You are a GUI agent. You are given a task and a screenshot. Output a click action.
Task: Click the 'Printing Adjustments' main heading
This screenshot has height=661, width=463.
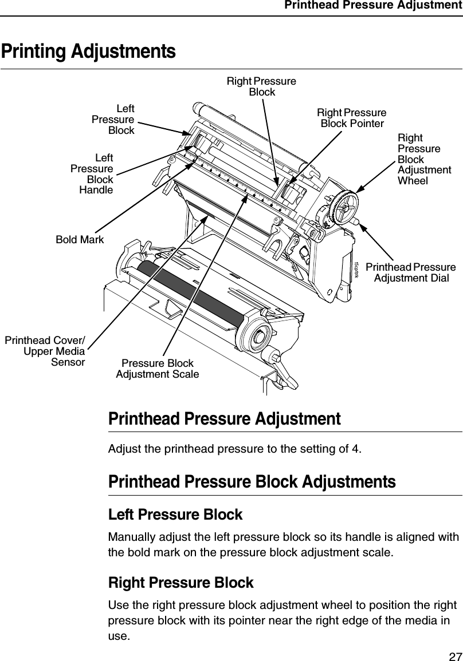tap(88, 51)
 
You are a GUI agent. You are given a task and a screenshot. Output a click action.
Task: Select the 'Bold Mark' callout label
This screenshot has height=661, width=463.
tap(80, 240)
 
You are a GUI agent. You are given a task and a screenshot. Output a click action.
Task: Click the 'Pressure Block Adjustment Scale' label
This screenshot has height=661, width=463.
tap(158, 369)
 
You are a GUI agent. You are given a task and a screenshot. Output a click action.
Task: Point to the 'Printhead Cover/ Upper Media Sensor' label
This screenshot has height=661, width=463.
tap(45, 351)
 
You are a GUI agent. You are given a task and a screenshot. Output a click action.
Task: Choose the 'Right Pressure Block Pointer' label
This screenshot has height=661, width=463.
tap(352, 117)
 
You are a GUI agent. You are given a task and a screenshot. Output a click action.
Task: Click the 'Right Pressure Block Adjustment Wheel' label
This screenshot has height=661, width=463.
tap(423, 159)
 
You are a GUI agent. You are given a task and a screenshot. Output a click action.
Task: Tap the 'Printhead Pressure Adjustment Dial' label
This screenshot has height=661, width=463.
tap(410, 273)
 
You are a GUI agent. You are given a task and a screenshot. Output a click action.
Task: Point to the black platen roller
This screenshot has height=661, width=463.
tap(189, 297)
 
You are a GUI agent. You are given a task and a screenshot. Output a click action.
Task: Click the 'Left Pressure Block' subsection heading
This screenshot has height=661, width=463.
tap(175, 514)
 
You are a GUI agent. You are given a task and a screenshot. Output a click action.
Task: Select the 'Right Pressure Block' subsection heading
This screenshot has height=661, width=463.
tap(181, 583)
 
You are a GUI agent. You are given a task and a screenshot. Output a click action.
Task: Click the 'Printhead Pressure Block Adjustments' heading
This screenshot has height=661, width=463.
tap(252, 481)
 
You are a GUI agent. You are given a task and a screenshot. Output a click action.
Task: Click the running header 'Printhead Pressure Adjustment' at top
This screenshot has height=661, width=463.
tap(372, 6)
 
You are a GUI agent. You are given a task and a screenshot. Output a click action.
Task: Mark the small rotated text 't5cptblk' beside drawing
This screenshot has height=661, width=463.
tap(357, 268)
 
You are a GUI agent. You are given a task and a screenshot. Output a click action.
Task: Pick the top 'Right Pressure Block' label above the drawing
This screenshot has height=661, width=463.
tap(261, 86)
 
